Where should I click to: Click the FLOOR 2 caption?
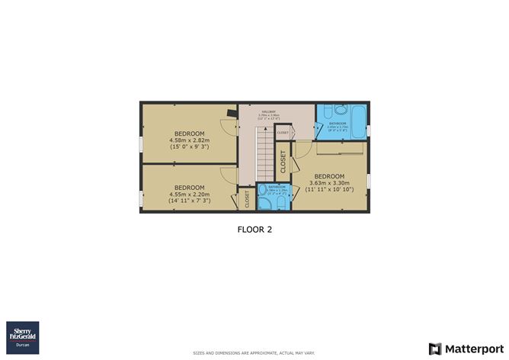click(254, 228)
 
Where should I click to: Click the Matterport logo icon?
click(435, 349)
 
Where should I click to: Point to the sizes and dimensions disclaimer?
click(254, 353)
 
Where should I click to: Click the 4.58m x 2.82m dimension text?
click(189, 140)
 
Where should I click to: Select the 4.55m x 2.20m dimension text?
click(189, 194)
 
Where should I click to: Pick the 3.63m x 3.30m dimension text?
click(330, 183)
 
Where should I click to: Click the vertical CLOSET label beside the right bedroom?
click(283, 162)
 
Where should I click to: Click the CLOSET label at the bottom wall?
click(247, 200)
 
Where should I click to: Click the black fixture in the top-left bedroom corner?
click(229, 115)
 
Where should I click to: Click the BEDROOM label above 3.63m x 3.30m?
click(330, 175)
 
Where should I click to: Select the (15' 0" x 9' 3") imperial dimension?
click(189, 147)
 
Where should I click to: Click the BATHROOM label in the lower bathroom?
click(277, 187)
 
